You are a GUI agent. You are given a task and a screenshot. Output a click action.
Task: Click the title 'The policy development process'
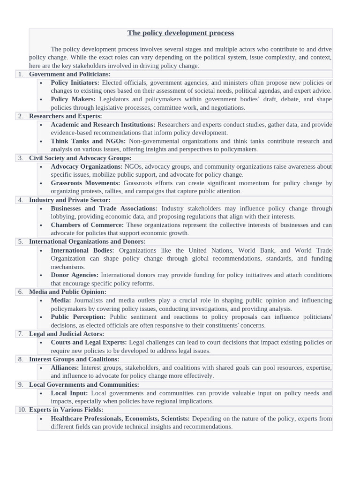coord(180,33)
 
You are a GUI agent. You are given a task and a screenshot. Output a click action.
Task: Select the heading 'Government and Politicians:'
coord(70,74)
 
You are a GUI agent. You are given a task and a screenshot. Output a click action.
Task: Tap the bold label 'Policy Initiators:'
coord(75,82)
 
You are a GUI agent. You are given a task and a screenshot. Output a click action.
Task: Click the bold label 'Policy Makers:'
coord(73,99)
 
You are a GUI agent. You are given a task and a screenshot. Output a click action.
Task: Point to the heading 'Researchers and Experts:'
coord(66,116)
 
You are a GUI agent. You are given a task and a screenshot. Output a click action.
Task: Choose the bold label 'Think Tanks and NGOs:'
coord(88,141)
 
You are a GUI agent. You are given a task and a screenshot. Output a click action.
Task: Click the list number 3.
coord(21,158)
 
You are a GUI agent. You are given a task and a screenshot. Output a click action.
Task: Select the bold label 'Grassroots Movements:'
coord(85,183)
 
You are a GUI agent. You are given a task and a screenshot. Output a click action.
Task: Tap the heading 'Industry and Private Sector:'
coord(69,200)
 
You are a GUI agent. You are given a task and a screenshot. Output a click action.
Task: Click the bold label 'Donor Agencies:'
coord(75,275)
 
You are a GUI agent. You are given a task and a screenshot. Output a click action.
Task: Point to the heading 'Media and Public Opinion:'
coord(67,292)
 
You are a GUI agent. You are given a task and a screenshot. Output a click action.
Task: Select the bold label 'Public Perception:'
coord(78,317)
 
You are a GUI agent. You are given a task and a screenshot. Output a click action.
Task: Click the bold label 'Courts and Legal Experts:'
coord(89,342)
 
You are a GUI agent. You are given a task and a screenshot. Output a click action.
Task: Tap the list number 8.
coord(21,359)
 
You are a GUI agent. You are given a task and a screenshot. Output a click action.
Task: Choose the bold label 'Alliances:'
coord(65,367)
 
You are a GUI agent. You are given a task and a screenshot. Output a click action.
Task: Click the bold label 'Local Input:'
coord(69,393)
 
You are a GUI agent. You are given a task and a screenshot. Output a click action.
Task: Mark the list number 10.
coord(22,410)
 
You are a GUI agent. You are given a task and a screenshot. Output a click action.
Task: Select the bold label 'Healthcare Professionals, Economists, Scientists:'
coord(120,418)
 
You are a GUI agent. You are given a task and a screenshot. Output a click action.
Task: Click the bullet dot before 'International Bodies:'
coord(41,251)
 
